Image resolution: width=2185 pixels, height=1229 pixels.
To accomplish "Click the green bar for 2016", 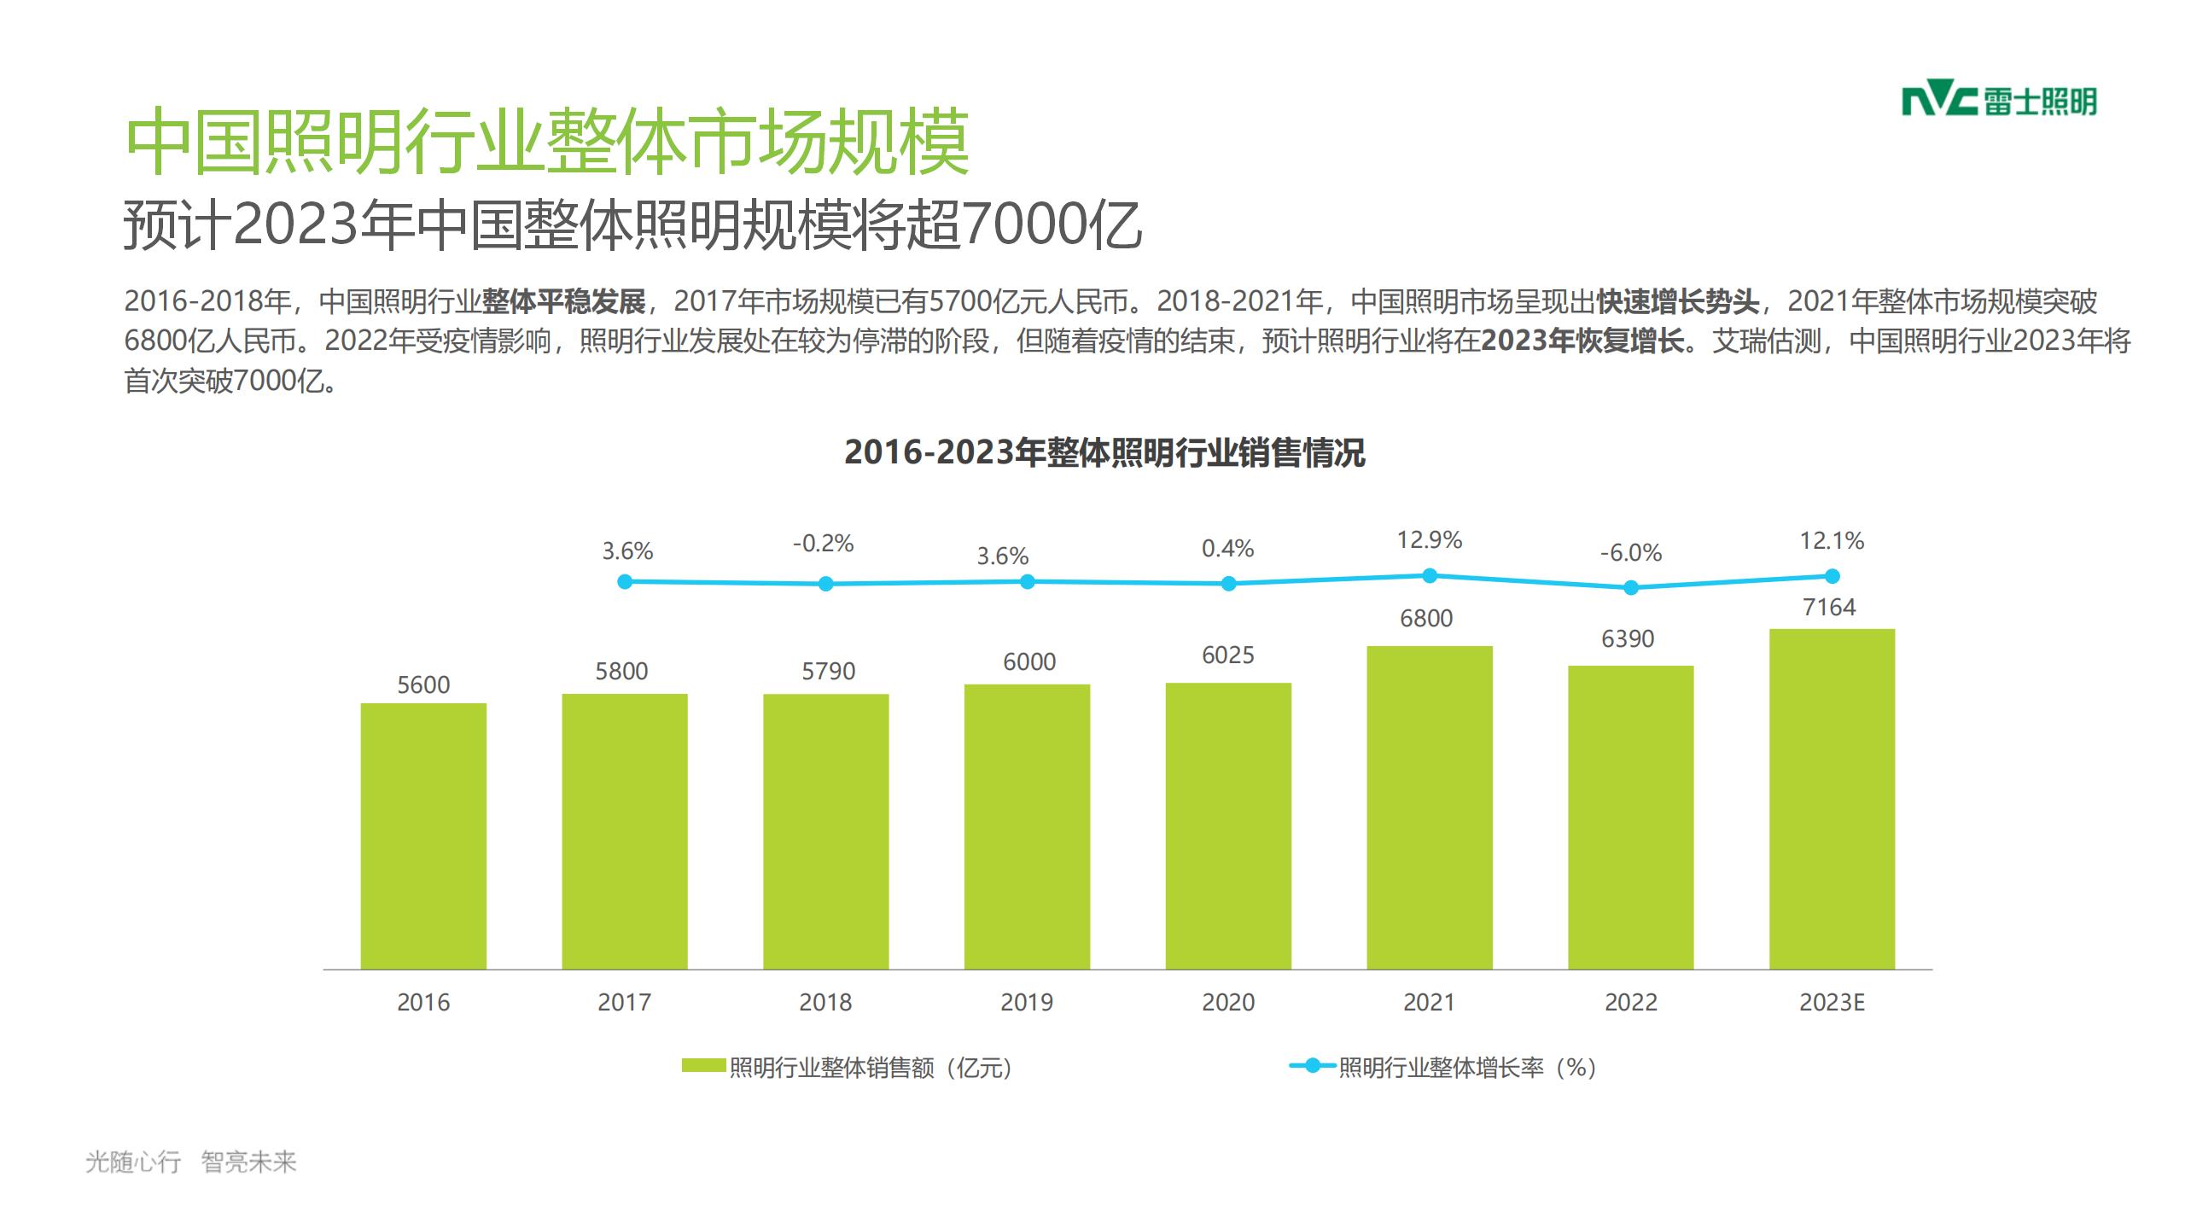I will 423,836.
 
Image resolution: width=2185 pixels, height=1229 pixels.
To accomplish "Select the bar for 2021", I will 1430,807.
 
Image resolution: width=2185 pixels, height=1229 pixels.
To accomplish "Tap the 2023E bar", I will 1832,798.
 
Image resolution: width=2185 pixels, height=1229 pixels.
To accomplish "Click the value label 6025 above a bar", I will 1228,655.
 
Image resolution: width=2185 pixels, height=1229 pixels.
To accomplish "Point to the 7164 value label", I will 1829,608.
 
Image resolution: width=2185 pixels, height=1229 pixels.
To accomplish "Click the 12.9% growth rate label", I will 1430,540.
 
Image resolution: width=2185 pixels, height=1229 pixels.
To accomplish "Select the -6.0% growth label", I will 1630,553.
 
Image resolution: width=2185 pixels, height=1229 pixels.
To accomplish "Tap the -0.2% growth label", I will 823,544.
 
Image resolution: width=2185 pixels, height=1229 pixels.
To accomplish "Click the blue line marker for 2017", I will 625,581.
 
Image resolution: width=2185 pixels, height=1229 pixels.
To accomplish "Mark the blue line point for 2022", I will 1630,588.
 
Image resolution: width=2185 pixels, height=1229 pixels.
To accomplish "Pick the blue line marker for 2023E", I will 1832,576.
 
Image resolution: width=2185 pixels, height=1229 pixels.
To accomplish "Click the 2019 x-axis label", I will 1027,1002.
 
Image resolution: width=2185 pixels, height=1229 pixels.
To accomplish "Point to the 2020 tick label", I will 1228,1002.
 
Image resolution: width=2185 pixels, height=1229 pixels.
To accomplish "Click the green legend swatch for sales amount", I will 703,1066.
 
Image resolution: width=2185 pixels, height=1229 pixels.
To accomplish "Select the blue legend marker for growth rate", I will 1313,1066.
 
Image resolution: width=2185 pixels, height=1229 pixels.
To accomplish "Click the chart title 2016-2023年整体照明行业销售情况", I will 1104,452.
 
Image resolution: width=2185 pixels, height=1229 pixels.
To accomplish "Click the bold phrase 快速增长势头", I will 1678,301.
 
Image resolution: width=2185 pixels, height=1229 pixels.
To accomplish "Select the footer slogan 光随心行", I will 133,1162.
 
